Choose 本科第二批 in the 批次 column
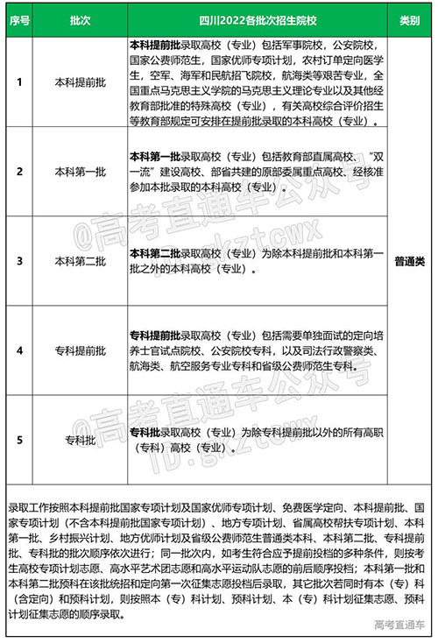tap(78, 261)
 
